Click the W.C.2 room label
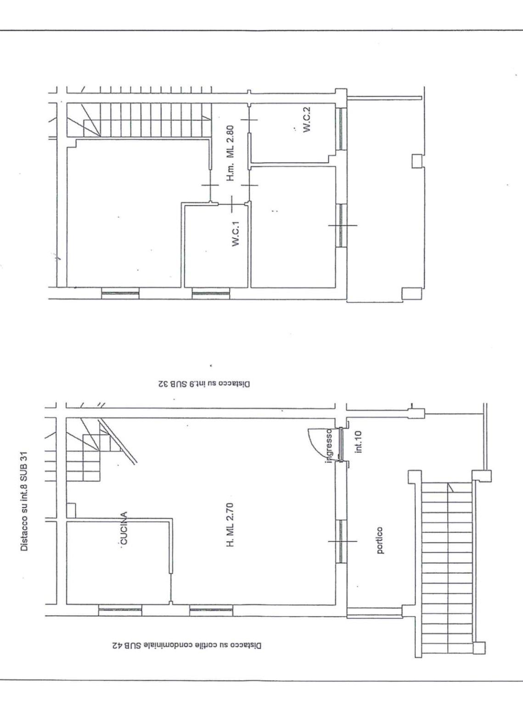[307, 120]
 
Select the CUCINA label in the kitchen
[124, 527]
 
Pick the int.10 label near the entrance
[359, 442]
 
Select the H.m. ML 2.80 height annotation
[231, 153]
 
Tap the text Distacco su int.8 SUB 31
[24, 500]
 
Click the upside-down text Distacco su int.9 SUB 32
[204, 384]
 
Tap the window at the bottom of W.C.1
[211, 293]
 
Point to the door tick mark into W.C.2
[249, 120]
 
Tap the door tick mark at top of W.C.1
[231, 204]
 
